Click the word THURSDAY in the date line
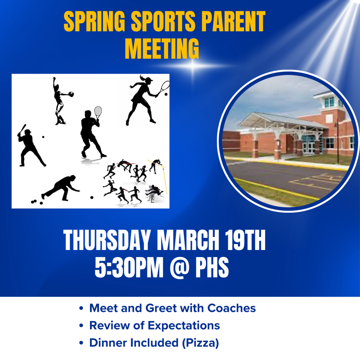click(108, 241)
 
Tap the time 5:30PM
click(129, 268)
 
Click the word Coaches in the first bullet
click(231, 308)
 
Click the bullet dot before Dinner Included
click(81, 343)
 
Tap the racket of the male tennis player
click(98, 112)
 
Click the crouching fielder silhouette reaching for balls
click(62, 188)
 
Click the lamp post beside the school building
click(337, 142)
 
